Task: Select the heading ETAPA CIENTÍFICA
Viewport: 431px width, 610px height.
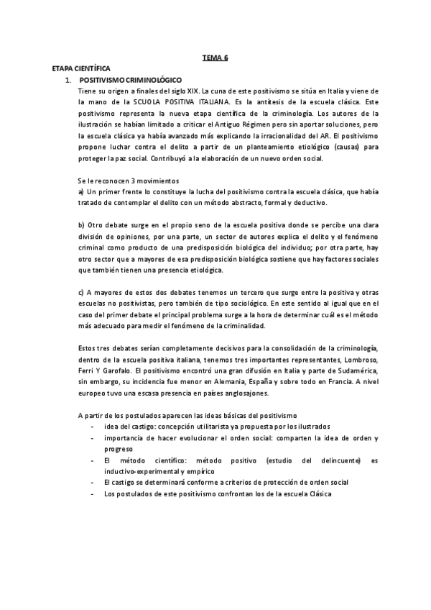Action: pos(81,67)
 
